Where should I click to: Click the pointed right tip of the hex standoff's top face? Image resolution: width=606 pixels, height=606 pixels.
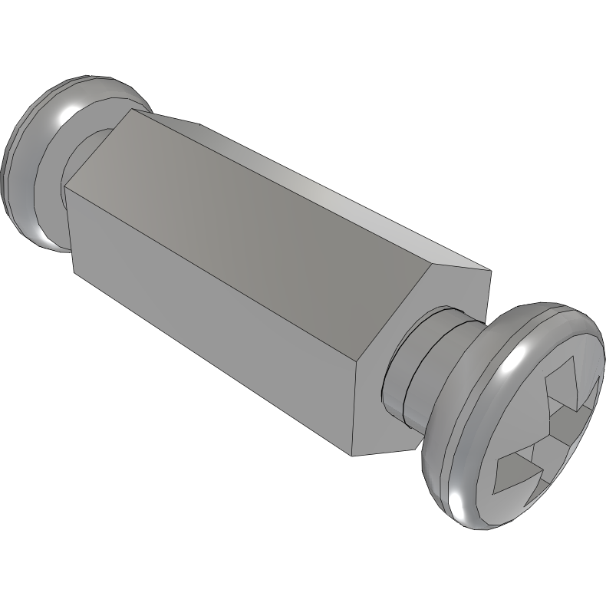pyautogui.click(x=489, y=271)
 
